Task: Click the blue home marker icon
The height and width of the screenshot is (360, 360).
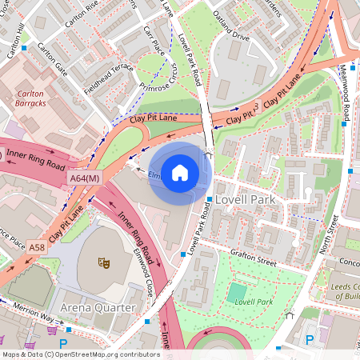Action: click(180, 173)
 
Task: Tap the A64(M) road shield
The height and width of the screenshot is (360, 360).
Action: click(84, 178)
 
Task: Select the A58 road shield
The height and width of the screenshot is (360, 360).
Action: click(38, 249)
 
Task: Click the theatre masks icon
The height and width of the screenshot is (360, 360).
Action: click(102, 262)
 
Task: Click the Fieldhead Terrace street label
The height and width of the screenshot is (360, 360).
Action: click(101, 73)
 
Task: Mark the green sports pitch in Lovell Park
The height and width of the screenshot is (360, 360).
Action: click(238, 293)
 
